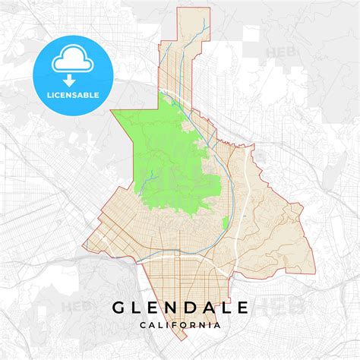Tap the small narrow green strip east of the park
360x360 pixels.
coord(226,223)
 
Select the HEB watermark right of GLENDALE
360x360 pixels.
coord(270,306)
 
